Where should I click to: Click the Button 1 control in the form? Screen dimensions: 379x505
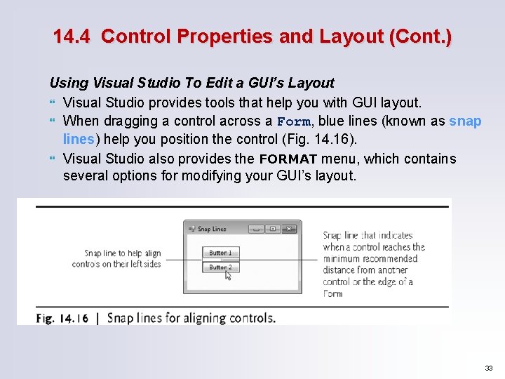[x=220, y=253]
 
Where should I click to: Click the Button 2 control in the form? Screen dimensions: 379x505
[x=220, y=267]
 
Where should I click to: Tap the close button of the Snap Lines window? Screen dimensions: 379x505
[x=289, y=229]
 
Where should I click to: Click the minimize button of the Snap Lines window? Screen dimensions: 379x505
[x=256, y=229]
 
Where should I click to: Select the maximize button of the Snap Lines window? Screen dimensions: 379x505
[x=272, y=229]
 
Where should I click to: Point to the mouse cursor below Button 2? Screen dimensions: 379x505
[x=228, y=275]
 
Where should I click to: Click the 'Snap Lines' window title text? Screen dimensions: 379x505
[x=212, y=229]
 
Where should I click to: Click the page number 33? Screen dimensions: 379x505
[x=488, y=368]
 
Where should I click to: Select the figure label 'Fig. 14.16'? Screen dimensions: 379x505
[x=62, y=318]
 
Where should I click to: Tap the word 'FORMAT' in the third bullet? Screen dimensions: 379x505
[x=288, y=159]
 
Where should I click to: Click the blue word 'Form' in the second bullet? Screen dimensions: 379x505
[x=293, y=121]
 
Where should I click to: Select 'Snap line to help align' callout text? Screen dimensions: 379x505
[x=122, y=253]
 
